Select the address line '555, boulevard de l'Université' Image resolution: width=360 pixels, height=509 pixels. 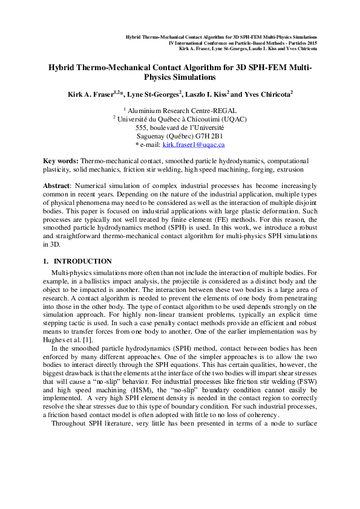click(180, 128)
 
